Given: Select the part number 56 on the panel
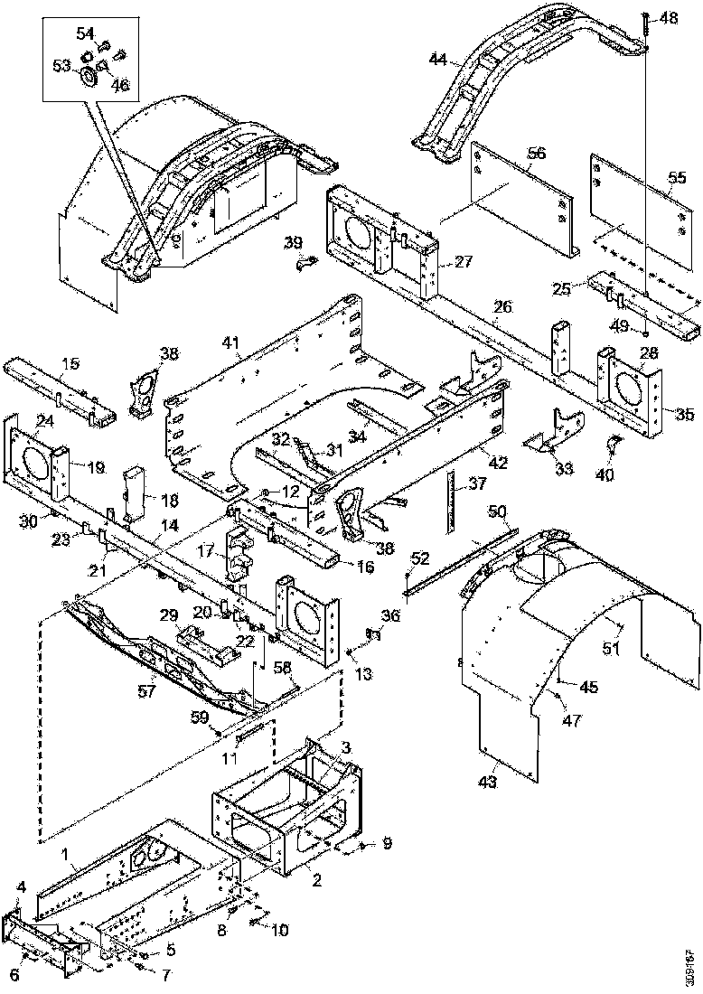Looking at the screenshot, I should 537,155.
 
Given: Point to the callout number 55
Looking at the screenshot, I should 676,178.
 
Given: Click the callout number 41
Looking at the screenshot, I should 232,342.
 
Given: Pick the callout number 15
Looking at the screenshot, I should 70,364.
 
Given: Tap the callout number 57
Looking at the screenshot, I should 146,690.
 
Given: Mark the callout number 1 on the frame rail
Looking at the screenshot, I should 65,853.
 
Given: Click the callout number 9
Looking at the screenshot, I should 387,844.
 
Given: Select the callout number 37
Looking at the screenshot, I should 476,484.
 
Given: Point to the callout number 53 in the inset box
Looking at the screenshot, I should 62,66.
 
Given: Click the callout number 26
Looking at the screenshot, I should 502,307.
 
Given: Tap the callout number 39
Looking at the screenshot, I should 293,242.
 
